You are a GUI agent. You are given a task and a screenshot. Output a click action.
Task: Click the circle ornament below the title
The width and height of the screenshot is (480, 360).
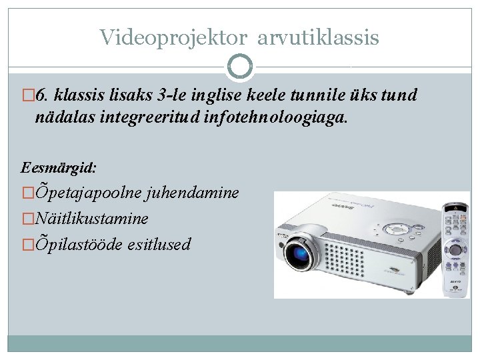tap(239, 67)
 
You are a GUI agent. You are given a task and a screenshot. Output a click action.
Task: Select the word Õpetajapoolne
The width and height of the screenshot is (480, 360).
tap(86, 193)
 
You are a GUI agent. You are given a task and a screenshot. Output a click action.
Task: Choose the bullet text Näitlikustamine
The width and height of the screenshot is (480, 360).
tap(91, 218)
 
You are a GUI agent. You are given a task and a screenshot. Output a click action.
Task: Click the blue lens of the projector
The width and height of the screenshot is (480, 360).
tap(302, 253)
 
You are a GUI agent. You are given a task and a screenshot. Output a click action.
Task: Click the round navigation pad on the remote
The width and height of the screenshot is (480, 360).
tap(456, 251)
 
